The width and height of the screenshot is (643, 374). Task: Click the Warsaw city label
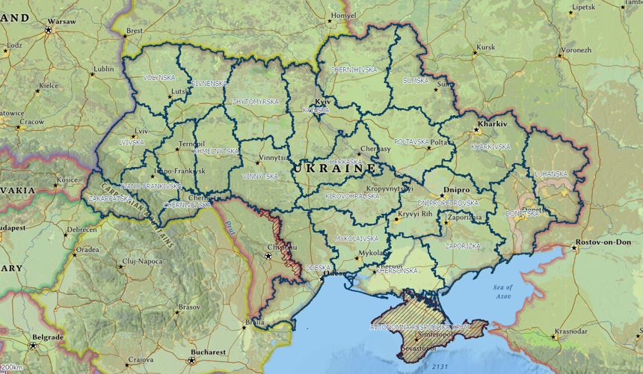(62, 22)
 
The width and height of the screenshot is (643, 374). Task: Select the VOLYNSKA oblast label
(160, 77)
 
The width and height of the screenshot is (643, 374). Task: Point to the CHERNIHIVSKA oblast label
(354, 70)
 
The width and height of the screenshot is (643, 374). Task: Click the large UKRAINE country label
(335, 170)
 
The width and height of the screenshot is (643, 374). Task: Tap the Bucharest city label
(208, 352)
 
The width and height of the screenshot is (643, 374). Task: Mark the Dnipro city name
(456, 190)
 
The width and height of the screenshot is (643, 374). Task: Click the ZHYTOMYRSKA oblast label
(256, 101)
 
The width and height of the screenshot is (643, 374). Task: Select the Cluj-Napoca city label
(143, 260)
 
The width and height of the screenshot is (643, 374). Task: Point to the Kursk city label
(486, 47)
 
